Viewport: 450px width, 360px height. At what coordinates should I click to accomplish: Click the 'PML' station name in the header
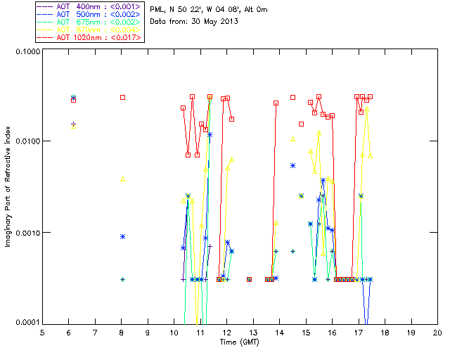pos(158,10)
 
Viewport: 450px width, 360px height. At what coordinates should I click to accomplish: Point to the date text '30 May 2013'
pos(211,21)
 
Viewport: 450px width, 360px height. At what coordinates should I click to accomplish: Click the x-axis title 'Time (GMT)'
pos(240,342)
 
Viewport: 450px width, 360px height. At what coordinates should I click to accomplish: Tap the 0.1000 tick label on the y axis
pos(27,51)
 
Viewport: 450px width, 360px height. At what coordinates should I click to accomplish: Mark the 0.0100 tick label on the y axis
pos(27,142)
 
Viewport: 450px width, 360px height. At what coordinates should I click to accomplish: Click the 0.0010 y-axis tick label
pos(27,233)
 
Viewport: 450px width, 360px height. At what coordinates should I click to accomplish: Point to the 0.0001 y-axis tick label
pos(27,323)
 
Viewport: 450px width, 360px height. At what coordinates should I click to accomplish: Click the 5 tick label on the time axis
pos(42,332)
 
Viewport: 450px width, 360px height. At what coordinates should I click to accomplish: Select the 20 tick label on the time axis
pos(437,332)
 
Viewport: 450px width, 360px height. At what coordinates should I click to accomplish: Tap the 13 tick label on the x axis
pos(253,332)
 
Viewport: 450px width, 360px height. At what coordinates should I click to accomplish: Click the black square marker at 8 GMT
pos(122,97)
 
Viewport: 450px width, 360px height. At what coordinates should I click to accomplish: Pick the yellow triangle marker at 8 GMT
pos(122,179)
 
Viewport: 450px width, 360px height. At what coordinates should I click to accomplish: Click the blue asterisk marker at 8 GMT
pos(122,236)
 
